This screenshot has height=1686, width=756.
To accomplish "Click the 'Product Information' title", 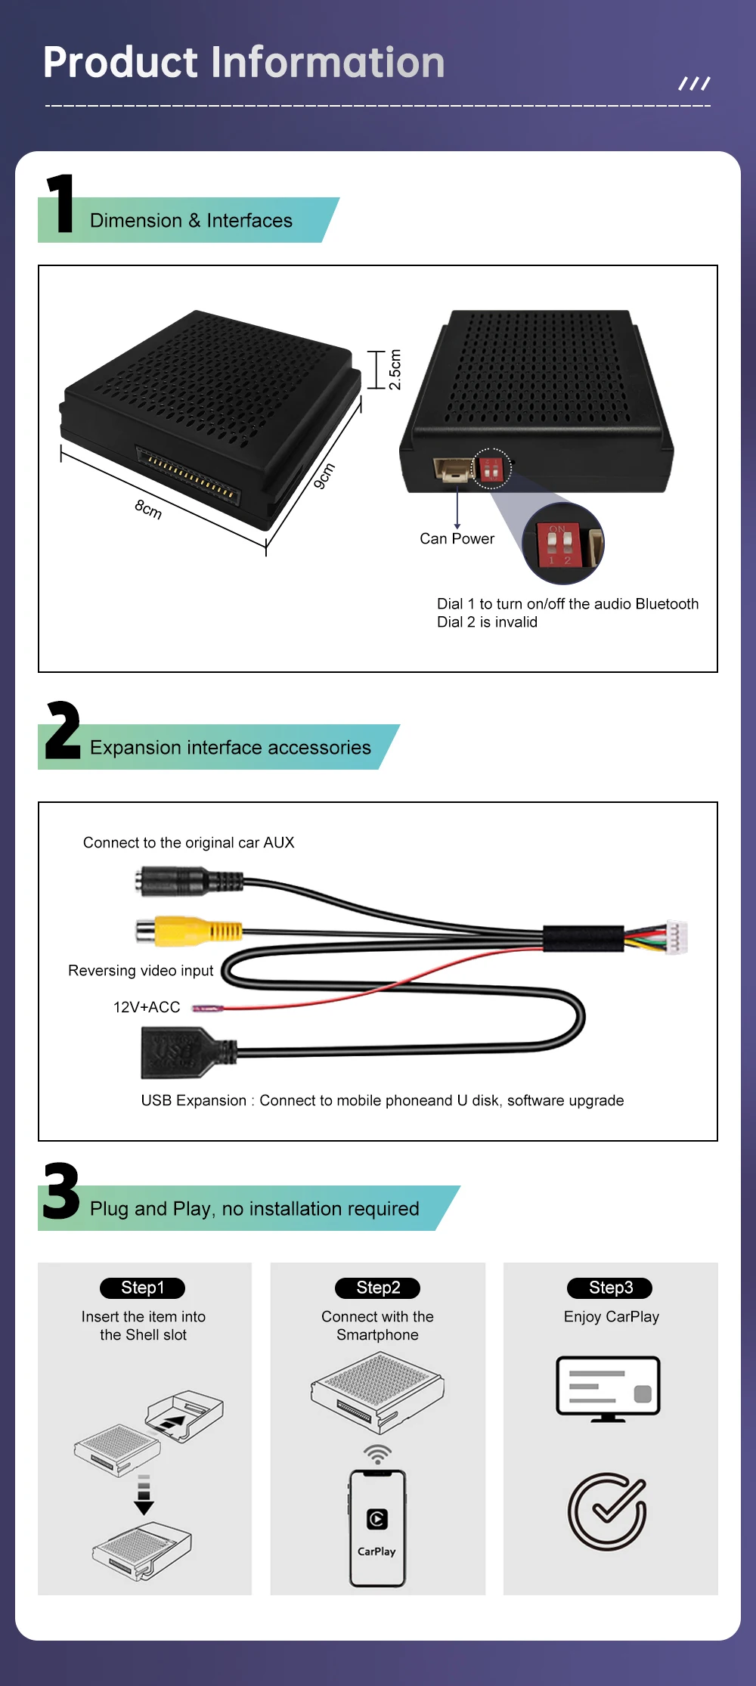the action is pyautogui.click(x=243, y=62).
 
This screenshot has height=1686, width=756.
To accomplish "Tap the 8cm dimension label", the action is pyautogui.click(x=149, y=509).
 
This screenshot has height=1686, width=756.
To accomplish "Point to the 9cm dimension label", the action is pyautogui.click(x=324, y=476).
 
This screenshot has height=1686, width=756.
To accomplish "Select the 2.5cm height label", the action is pyautogui.click(x=395, y=370).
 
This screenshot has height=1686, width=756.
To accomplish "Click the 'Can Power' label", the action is pyautogui.click(x=457, y=538).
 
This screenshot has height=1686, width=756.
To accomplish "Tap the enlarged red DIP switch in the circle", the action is pyautogui.click(x=559, y=544).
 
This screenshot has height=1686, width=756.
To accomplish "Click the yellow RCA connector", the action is pyautogui.click(x=189, y=931).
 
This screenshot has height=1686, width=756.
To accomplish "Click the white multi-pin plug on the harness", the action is pyautogui.click(x=677, y=937).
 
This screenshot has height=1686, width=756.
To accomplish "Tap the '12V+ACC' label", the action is pyautogui.click(x=147, y=1007).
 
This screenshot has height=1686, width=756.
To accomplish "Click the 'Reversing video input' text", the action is pyautogui.click(x=141, y=970).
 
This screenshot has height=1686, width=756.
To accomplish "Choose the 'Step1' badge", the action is pyautogui.click(x=143, y=1288).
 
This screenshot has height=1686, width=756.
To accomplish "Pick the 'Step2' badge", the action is pyautogui.click(x=378, y=1288).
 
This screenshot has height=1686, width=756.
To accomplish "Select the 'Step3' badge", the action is pyautogui.click(x=611, y=1288).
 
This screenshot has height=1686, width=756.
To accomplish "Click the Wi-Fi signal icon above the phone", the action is pyautogui.click(x=377, y=1455).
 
